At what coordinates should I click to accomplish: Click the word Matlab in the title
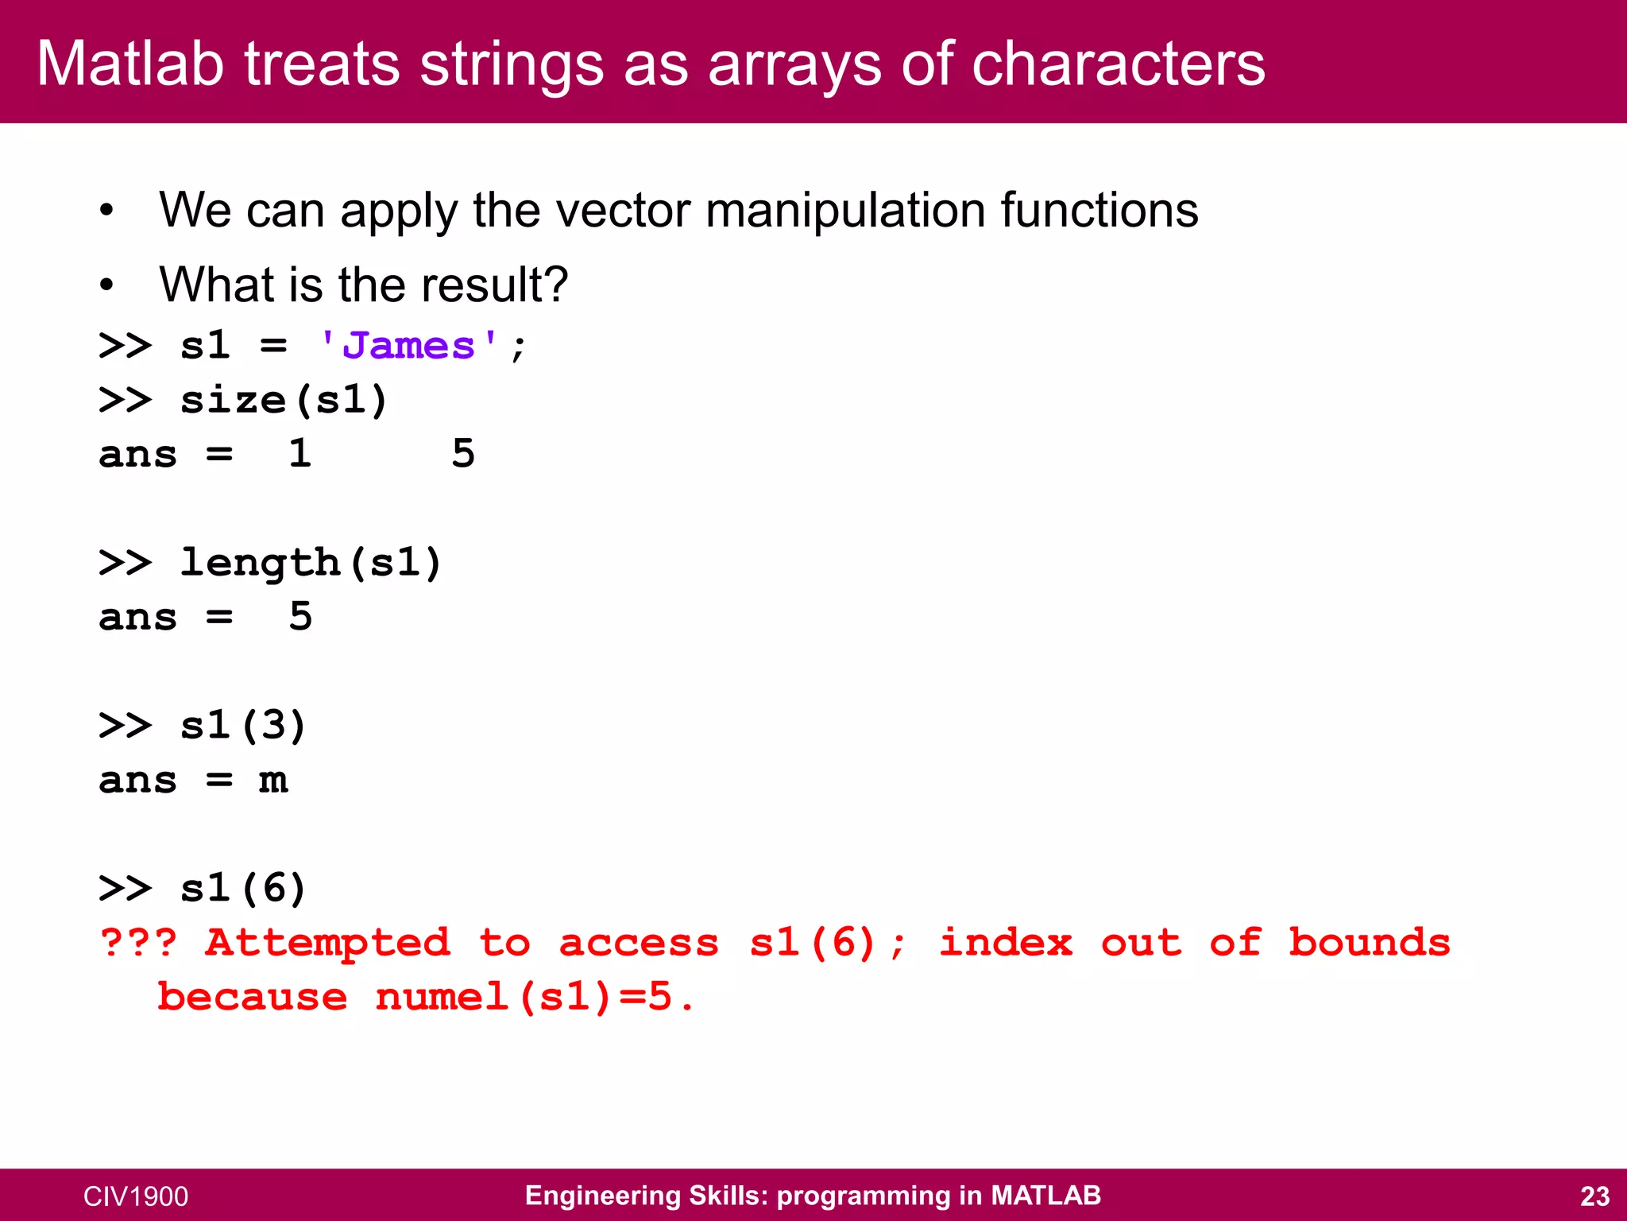130,64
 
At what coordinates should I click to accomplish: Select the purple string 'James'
408,346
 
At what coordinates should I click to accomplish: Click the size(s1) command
284,400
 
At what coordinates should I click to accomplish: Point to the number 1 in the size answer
300,454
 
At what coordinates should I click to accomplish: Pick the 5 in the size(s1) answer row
463,454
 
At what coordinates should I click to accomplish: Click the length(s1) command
310,563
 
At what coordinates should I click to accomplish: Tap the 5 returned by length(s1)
300,617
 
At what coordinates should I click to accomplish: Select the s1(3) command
242,726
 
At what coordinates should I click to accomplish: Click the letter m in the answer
272,781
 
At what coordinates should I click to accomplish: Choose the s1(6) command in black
242,888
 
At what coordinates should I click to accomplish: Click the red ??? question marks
138,943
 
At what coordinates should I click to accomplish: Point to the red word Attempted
327,944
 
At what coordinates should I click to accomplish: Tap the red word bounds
1369,943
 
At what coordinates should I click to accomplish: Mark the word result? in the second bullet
494,285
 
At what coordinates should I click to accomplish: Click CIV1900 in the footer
136,1196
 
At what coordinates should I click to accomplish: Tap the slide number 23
1594,1196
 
